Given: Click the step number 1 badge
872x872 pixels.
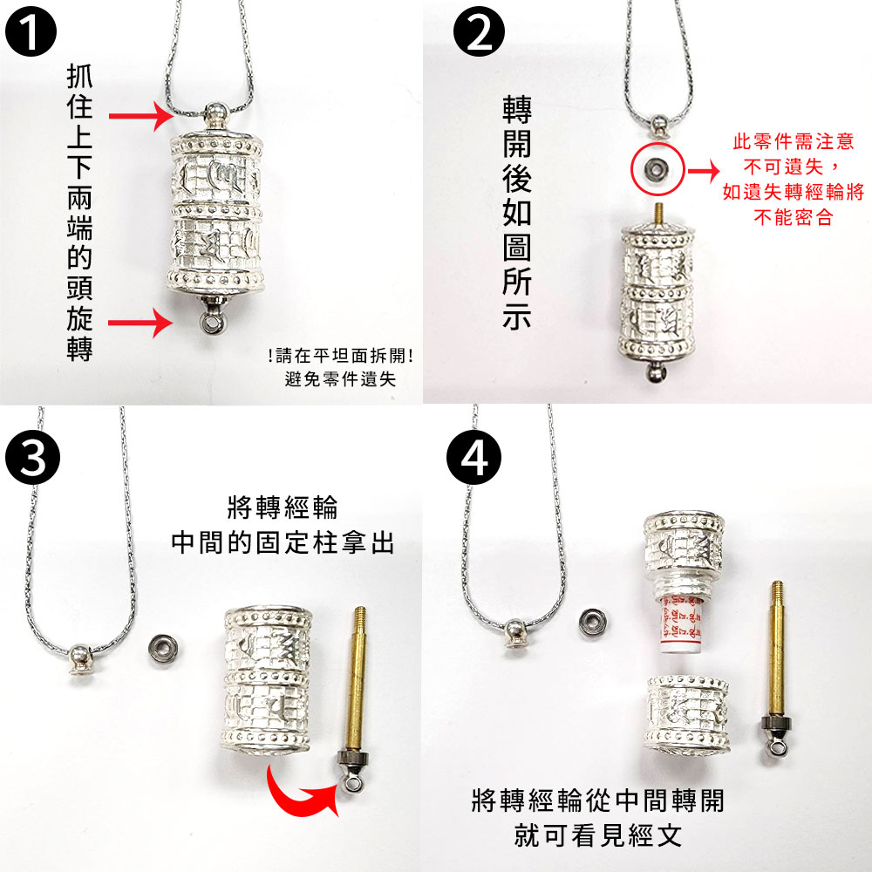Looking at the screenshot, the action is click(x=31, y=31).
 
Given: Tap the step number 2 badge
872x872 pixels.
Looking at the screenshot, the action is click(x=479, y=31).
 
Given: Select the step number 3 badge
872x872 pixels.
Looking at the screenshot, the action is click(x=33, y=458).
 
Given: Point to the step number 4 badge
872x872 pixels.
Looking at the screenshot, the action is click(x=473, y=458).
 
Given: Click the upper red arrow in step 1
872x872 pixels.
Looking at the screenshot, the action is click(x=142, y=116).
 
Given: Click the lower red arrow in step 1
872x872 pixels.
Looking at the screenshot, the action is click(x=140, y=323).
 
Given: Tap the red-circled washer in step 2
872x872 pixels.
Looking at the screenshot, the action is click(x=657, y=168).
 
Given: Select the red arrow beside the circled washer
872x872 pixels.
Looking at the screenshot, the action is click(x=704, y=171).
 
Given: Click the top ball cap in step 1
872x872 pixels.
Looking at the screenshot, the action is click(x=215, y=114).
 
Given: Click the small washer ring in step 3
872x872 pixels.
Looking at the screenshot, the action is click(x=163, y=648).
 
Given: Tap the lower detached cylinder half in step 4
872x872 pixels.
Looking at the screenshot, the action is click(x=687, y=715).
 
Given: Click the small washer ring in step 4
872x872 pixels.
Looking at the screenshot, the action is click(x=592, y=622).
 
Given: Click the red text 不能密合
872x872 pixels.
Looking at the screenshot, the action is click(x=793, y=217).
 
